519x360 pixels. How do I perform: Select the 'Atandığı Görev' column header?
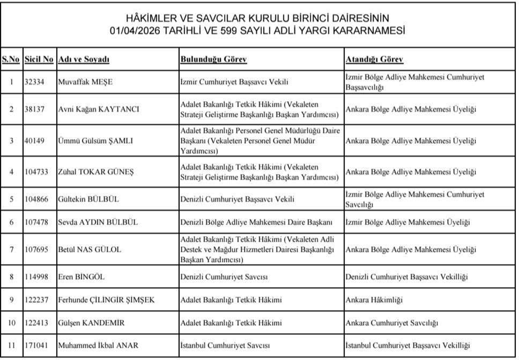coord(374,60)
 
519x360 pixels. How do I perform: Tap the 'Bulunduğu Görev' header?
coord(213,60)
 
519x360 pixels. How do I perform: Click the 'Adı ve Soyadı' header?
coord(83,60)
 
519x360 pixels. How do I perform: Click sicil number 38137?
coord(36,110)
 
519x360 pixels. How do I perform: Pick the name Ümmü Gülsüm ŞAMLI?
coord(95,141)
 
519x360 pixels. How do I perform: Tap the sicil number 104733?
coord(38,172)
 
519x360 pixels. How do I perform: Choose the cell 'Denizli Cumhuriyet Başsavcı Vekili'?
coord(237,199)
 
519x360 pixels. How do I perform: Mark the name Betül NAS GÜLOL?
coord(89,250)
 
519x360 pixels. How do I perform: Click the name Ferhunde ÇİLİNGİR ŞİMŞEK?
coord(106,300)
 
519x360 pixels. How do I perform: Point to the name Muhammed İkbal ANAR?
coord(98,346)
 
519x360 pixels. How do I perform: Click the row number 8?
coord(11,277)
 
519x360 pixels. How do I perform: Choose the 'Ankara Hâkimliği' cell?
coord(374,300)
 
